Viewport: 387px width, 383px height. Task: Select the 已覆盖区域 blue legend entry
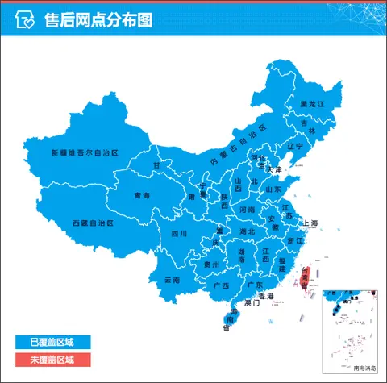pyautogui.click(x=52, y=343)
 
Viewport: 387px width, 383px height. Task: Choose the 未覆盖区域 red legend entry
pyautogui.click(x=52, y=360)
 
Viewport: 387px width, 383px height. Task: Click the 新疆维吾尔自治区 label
pyautogui.click(x=84, y=152)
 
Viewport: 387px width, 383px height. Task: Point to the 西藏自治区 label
pyautogui.click(x=93, y=223)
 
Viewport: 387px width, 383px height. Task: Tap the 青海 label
pyautogui.click(x=142, y=196)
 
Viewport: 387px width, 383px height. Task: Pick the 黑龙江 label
pyautogui.click(x=311, y=105)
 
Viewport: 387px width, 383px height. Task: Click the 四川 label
pyautogui.click(x=179, y=235)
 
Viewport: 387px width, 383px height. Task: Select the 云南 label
pyautogui.click(x=172, y=280)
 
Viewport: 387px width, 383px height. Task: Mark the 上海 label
pyautogui.click(x=310, y=223)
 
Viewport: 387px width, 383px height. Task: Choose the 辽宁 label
pyautogui.click(x=295, y=147)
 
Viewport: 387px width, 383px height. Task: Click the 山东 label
pyautogui.click(x=273, y=189)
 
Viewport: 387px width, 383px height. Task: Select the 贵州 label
pyautogui.click(x=211, y=264)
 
